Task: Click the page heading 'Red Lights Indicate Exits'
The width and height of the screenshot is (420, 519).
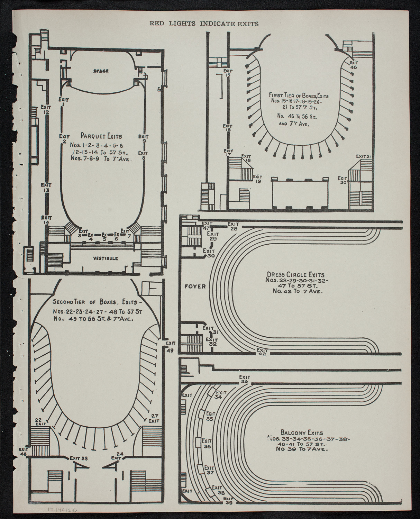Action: (204, 24)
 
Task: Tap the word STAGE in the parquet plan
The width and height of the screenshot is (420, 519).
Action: (101, 71)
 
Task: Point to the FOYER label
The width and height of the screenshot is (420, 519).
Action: (195, 286)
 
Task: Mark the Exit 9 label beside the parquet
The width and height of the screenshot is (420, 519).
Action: (144, 138)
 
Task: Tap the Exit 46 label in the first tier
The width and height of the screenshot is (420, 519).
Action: (353, 65)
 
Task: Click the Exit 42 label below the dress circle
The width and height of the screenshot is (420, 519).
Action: (262, 352)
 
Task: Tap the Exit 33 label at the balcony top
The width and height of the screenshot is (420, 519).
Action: (245, 379)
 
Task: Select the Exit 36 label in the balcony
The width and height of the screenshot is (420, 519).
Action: (207, 444)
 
